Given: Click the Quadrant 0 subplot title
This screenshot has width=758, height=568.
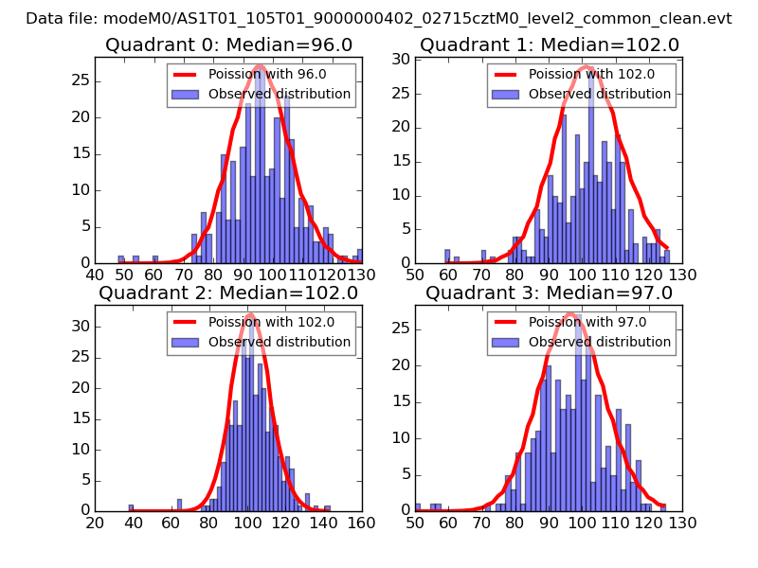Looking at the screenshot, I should point(228,45).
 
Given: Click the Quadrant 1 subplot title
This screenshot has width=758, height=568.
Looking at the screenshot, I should point(550,45).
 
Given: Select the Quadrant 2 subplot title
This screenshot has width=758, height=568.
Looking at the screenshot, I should point(228,293).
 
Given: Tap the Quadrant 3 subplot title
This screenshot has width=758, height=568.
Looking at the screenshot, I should point(550,293).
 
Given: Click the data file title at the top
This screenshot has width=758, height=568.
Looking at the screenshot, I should point(379,18).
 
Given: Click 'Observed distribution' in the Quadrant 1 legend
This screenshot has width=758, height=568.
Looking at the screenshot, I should point(600,95).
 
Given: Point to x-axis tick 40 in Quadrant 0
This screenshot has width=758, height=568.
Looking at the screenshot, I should point(95,275).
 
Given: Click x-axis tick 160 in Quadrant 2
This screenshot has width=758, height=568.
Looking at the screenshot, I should point(361,522).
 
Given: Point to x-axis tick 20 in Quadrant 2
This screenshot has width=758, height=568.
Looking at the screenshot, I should point(95,522).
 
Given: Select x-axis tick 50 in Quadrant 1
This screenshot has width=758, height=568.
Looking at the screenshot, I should point(415,275).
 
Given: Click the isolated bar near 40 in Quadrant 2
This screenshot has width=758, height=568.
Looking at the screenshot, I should point(131,507).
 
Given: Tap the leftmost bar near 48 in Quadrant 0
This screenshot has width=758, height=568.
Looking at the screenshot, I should point(120,258).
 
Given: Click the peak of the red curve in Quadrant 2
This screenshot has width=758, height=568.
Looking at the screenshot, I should point(249,314).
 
